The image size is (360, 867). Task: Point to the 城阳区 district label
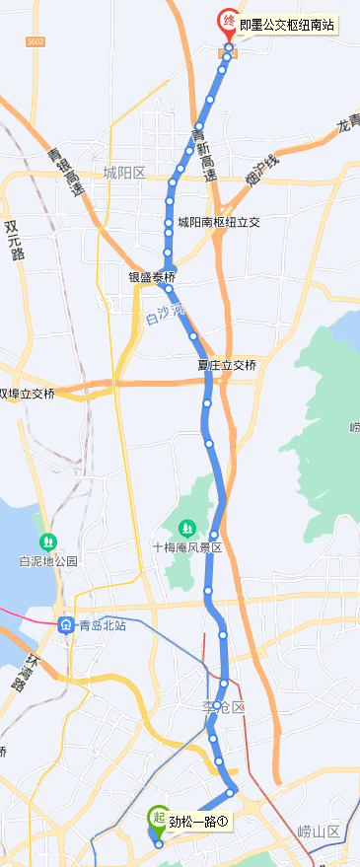(x=124, y=174)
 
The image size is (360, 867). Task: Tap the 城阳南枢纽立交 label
(x=219, y=223)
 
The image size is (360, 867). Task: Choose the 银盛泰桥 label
(x=151, y=277)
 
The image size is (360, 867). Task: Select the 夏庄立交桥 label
(x=227, y=366)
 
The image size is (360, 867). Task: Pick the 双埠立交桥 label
(x=27, y=394)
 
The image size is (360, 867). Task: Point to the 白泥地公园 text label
(x=47, y=561)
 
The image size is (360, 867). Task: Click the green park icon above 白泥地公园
(x=47, y=542)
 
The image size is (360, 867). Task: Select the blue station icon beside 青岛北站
(x=66, y=624)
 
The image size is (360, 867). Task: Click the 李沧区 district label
(x=223, y=709)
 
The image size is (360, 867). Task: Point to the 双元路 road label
(x=14, y=240)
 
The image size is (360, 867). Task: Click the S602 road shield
(x=36, y=40)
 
